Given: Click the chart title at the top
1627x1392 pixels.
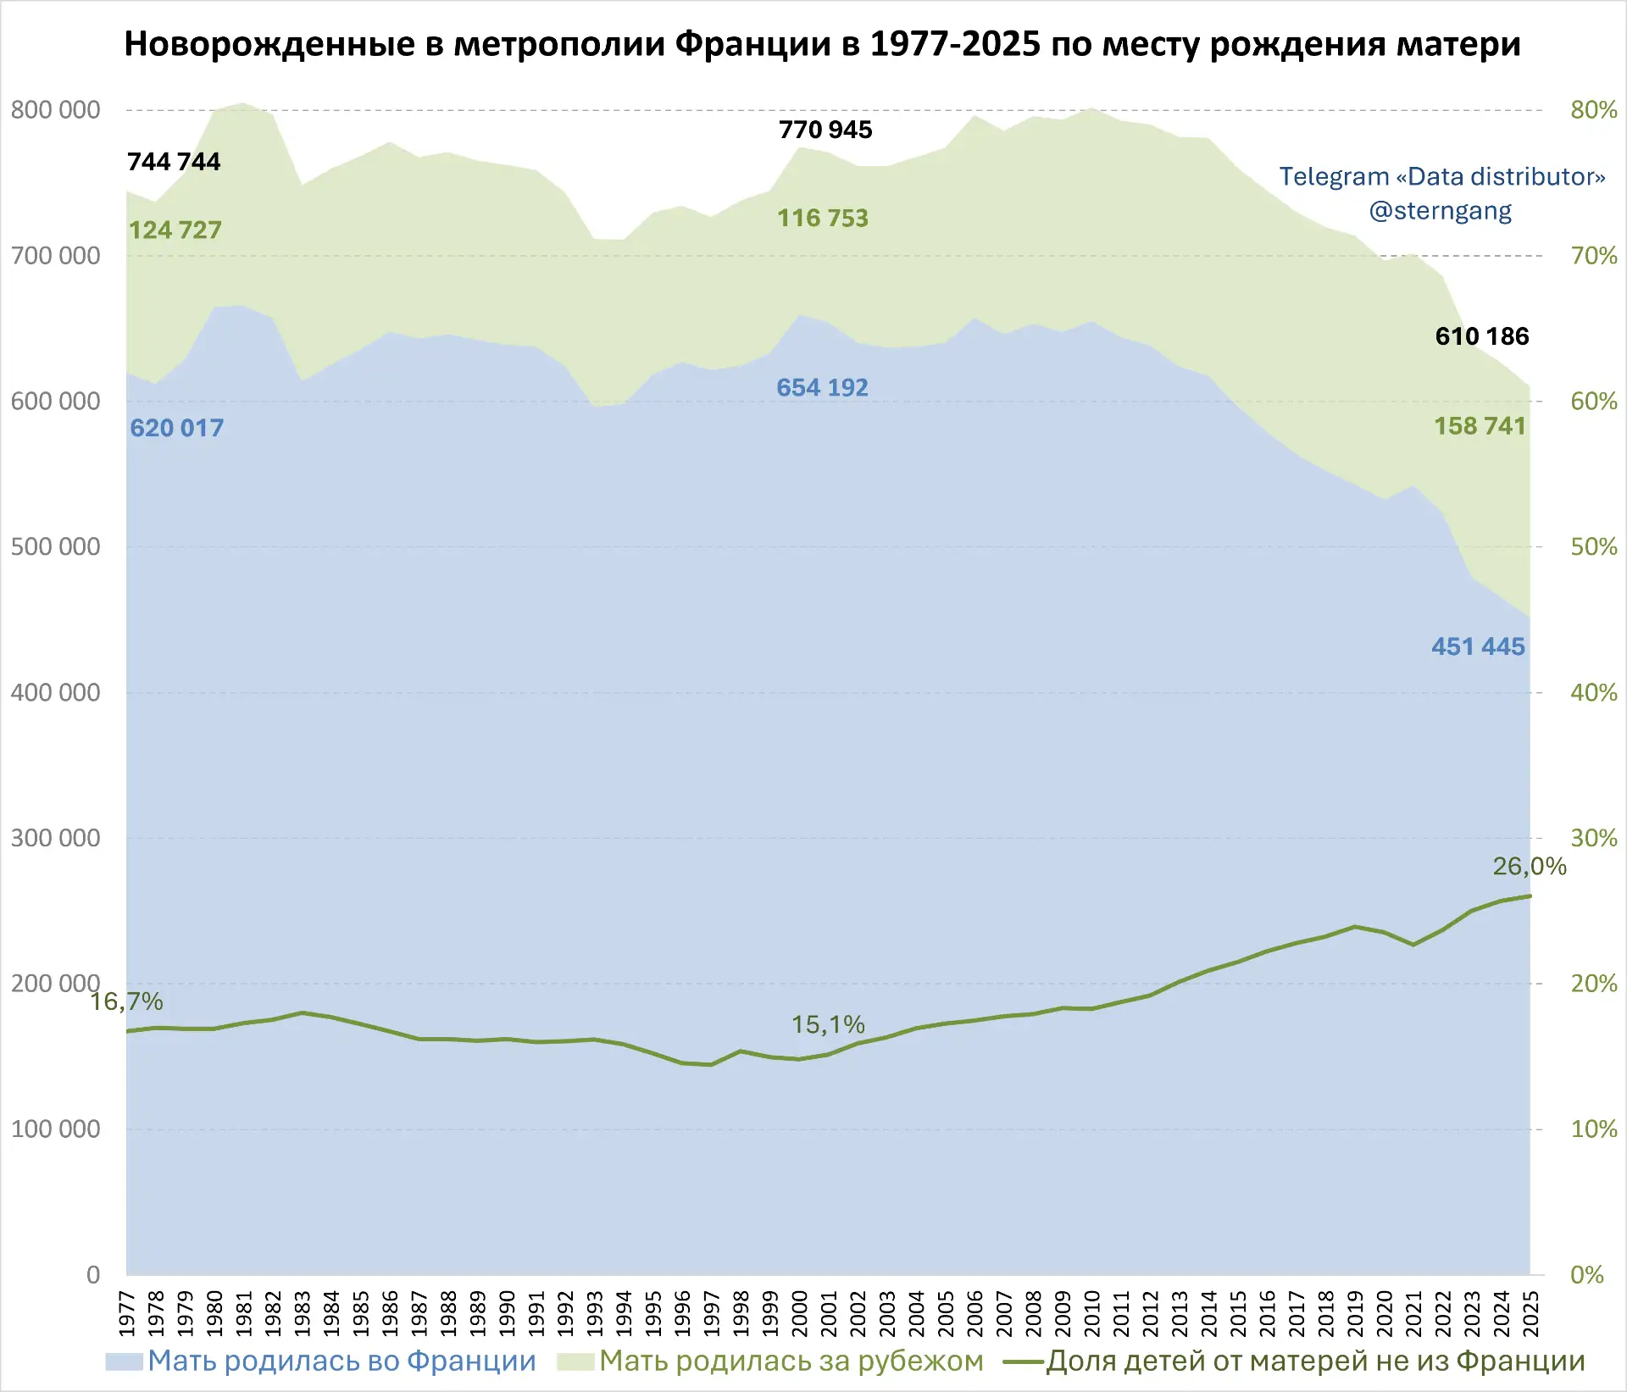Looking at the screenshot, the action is pyautogui.click(x=822, y=44).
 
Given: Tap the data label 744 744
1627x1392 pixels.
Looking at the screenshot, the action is pyautogui.click(x=174, y=162).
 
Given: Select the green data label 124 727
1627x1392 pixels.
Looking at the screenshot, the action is pyautogui.click(x=175, y=230).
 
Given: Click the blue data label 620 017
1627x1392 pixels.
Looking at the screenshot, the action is pyautogui.click(x=176, y=428).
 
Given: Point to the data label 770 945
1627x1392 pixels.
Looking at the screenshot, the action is pyautogui.click(x=825, y=130).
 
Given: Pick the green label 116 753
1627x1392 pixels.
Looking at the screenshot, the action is pyautogui.click(x=823, y=219).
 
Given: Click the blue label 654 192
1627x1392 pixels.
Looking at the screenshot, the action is pyautogui.click(x=822, y=388).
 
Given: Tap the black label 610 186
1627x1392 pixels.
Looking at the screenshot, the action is pyautogui.click(x=1482, y=336).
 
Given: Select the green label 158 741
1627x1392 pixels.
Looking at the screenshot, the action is pyautogui.click(x=1480, y=426).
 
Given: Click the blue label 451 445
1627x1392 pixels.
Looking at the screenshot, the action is pyautogui.click(x=1478, y=647).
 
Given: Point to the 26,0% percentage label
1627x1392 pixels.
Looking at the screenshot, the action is pyautogui.click(x=1530, y=867).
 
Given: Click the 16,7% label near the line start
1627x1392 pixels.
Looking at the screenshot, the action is pyautogui.click(x=126, y=1002).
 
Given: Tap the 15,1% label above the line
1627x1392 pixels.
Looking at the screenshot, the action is pyautogui.click(x=828, y=1025).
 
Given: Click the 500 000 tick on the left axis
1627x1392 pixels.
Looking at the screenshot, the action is pyautogui.click(x=55, y=547).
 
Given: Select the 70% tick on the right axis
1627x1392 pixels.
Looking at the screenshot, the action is pyautogui.click(x=1594, y=256).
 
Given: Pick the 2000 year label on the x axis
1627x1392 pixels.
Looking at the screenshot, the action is pyautogui.click(x=800, y=1313).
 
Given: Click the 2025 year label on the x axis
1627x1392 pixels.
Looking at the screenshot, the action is pyautogui.click(x=1530, y=1313).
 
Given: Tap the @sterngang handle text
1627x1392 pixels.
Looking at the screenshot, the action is pyautogui.click(x=1441, y=211).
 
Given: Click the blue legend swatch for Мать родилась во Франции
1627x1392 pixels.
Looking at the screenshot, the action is pyautogui.click(x=124, y=1361).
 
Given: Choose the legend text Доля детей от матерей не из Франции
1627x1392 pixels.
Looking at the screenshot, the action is pyautogui.click(x=1315, y=1361).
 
